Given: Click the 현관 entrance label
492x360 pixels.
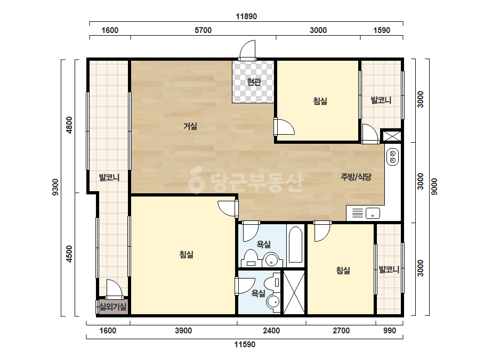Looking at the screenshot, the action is (254, 82).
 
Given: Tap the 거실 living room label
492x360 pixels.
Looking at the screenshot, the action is (190, 126).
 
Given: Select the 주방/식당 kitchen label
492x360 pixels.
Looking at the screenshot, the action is (356, 177).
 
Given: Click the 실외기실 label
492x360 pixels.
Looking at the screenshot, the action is (112, 306).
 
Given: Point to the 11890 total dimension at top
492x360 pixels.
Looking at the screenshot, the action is (246, 17).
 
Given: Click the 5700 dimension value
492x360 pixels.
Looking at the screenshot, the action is (203, 30).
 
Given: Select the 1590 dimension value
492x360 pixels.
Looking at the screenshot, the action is (382, 30).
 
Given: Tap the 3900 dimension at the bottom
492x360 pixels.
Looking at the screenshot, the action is (183, 331).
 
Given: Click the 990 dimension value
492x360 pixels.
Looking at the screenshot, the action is (390, 331).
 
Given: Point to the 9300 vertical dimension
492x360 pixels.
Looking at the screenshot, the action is (55, 187).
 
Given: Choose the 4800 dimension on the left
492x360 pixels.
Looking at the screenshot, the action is (69, 125).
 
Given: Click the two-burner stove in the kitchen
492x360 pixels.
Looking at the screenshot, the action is (392, 157).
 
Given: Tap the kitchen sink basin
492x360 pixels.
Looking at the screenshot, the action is (373, 213).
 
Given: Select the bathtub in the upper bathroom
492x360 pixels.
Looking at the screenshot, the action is (295, 244).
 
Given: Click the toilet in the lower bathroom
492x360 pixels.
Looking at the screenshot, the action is (271, 283).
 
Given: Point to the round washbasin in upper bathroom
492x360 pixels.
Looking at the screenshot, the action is (271, 260).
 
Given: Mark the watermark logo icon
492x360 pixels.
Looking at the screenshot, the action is (196, 180).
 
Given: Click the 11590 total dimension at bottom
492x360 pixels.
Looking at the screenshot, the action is (245, 345).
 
